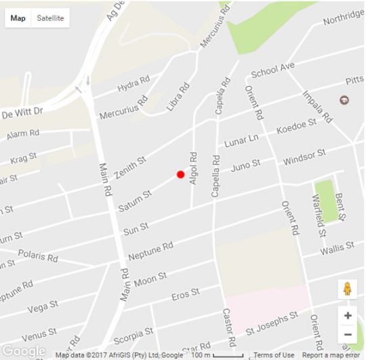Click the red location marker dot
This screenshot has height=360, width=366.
pyautogui.click(x=180, y=174)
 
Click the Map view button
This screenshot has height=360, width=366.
pyautogui.click(x=18, y=18)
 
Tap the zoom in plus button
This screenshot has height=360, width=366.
pyautogui.click(x=348, y=316)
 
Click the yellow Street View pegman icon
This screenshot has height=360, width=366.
pyautogui.click(x=348, y=289)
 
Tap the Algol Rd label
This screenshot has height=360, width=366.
pyautogui.click(x=193, y=167)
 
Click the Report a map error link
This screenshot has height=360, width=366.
pyautogui.click(x=331, y=355)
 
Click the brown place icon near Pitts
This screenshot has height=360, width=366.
pyautogui.click(x=344, y=100)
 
